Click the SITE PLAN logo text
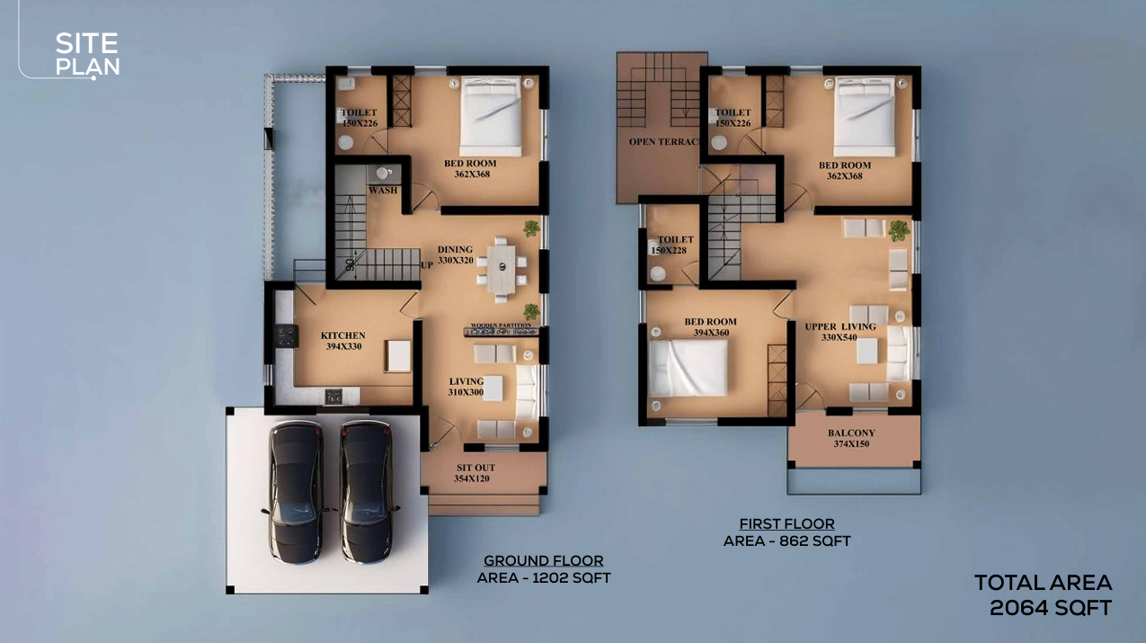pos(87,54)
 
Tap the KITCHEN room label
pos(342,335)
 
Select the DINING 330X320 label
pos(456,255)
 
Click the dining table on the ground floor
pos(501,269)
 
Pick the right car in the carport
pos(367,492)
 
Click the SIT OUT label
pos(475,468)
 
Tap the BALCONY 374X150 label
pos(851,438)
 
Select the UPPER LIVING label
pos(840,326)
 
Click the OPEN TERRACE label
pos(664,142)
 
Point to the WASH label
pos(383,191)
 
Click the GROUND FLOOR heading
pos(543,560)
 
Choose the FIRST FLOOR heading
pos(786,523)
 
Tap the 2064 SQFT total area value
pos(1051,608)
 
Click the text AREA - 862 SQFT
pos(786,541)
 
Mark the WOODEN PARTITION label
pos(501,325)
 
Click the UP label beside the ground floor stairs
pos(427,265)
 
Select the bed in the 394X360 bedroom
pos(688,368)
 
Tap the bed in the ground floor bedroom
pos(491,116)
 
